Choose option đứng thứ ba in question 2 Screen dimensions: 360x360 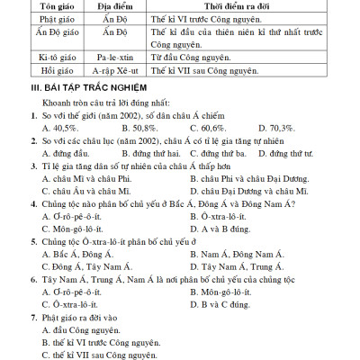(212, 153)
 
